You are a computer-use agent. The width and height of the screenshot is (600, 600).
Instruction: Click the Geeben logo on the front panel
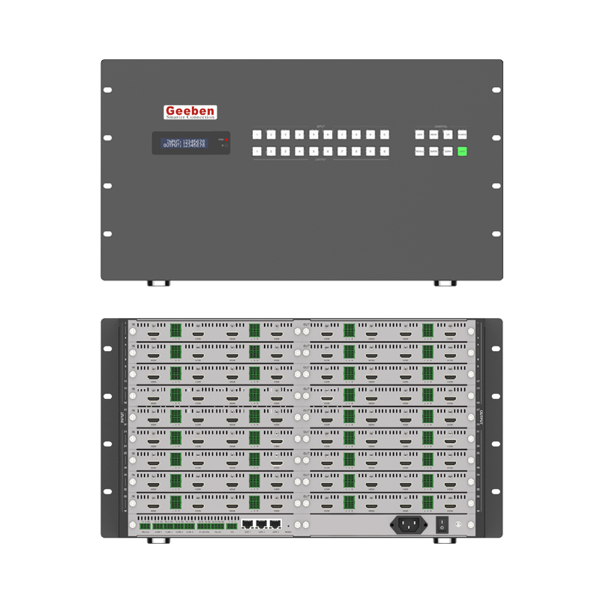click(190, 112)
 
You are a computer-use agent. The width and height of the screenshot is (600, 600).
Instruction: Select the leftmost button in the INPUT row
click(257, 135)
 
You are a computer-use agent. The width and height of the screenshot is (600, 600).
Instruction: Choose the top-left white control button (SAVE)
click(419, 135)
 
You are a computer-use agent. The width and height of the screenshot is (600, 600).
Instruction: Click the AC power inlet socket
click(408, 525)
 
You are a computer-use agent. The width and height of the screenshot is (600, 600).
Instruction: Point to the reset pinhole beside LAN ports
click(289, 526)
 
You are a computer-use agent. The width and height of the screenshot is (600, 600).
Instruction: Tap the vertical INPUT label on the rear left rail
click(122, 417)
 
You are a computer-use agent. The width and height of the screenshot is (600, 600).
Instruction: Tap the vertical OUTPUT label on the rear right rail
click(477, 417)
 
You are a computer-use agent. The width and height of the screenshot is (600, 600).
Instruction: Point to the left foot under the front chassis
click(158, 283)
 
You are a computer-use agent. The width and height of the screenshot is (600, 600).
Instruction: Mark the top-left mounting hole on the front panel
click(107, 90)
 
